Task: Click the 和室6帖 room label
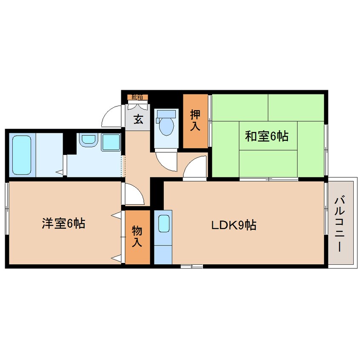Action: (x=266, y=136)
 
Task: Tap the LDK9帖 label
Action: (x=234, y=225)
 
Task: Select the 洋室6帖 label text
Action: (x=63, y=223)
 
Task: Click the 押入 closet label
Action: (x=195, y=121)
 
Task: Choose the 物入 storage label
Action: (x=137, y=237)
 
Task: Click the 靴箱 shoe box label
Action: (x=137, y=97)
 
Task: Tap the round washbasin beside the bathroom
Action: (x=88, y=140)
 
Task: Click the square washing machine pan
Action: (x=110, y=142)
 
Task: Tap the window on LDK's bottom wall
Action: (x=191, y=266)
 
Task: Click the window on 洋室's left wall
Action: (x=7, y=209)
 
